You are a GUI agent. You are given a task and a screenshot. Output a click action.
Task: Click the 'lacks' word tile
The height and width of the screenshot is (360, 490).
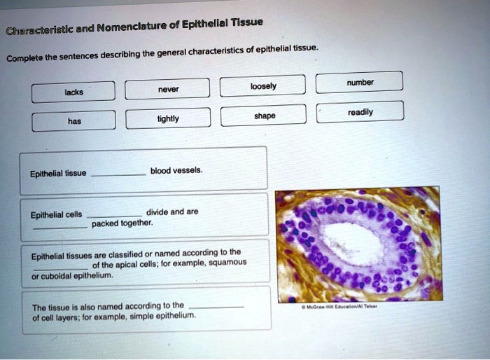point(73,92)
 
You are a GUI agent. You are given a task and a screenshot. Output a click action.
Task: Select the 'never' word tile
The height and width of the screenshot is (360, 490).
point(168,89)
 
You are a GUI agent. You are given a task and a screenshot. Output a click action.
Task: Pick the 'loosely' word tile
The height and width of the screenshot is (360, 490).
point(263,86)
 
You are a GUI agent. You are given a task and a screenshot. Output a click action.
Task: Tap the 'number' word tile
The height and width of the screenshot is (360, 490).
point(360,81)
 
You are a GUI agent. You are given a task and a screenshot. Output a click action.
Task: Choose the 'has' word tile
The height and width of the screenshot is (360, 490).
point(74,120)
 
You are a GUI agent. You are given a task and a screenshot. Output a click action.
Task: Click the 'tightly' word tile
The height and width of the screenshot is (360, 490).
point(168,118)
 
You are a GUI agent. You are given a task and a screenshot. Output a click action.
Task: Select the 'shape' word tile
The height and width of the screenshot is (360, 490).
point(264,115)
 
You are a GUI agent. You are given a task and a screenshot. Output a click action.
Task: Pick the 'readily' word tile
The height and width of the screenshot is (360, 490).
point(360,111)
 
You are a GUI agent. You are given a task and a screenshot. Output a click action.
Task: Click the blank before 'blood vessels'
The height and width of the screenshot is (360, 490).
point(119,174)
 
